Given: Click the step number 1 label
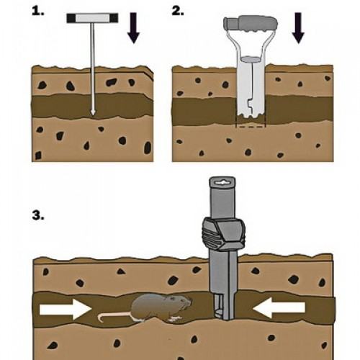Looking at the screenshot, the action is pyautogui.click(x=38, y=11).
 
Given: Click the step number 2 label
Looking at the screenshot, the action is pyautogui.click(x=178, y=11).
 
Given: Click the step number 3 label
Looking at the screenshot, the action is pyautogui.click(x=38, y=215).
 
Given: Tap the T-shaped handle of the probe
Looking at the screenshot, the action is pyautogui.click(x=92, y=18).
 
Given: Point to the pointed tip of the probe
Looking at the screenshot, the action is pyautogui.click(x=93, y=112).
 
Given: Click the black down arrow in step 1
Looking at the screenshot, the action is pyautogui.click(x=133, y=28).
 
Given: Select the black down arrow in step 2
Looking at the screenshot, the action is pyautogui.click(x=298, y=28).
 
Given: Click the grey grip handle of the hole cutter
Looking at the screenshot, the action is pyautogui.click(x=251, y=23).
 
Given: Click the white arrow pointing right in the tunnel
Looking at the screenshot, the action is pyautogui.click(x=66, y=309).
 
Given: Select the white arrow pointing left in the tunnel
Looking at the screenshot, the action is pyautogui.click(x=279, y=307).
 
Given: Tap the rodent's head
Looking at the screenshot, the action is pyautogui.click(x=182, y=302).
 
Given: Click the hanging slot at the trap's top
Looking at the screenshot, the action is pyautogui.click(x=222, y=183).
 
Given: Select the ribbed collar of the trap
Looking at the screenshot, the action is pyautogui.click(x=224, y=234).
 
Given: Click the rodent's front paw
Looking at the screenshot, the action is pyautogui.click(x=174, y=319).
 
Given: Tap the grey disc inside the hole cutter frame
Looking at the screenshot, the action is pyautogui.click(x=251, y=59).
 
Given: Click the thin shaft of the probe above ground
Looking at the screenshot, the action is pyautogui.click(x=92, y=45).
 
